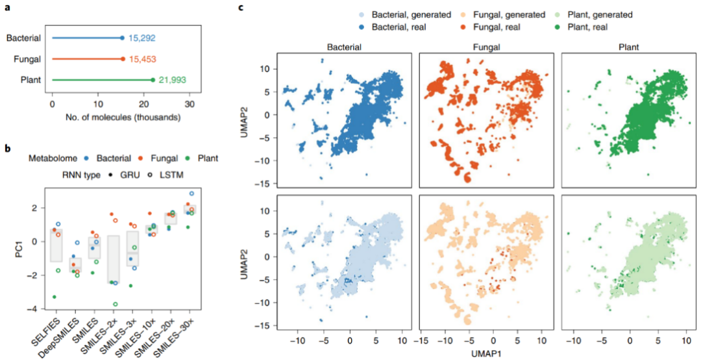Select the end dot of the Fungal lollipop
point(122,59)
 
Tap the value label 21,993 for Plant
point(169,80)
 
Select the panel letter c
point(241,8)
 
